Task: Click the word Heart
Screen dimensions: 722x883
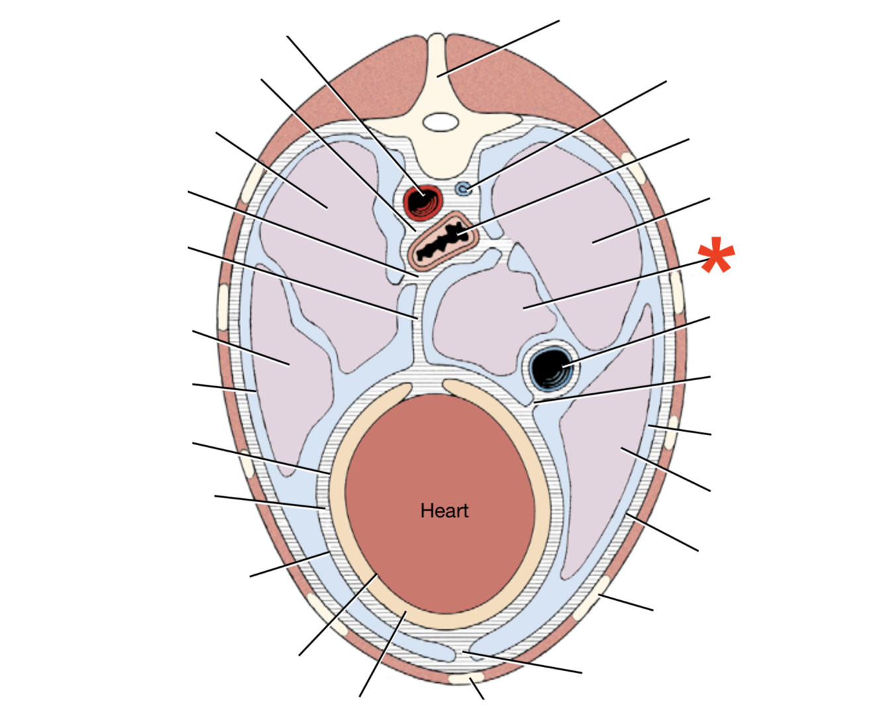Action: (x=444, y=511)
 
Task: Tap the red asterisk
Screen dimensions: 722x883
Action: (x=716, y=258)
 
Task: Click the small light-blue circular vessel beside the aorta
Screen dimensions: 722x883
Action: (x=463, y=189)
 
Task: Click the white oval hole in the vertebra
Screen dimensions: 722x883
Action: (x=440, y=122)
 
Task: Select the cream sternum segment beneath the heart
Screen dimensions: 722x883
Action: (x=467, y=679)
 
